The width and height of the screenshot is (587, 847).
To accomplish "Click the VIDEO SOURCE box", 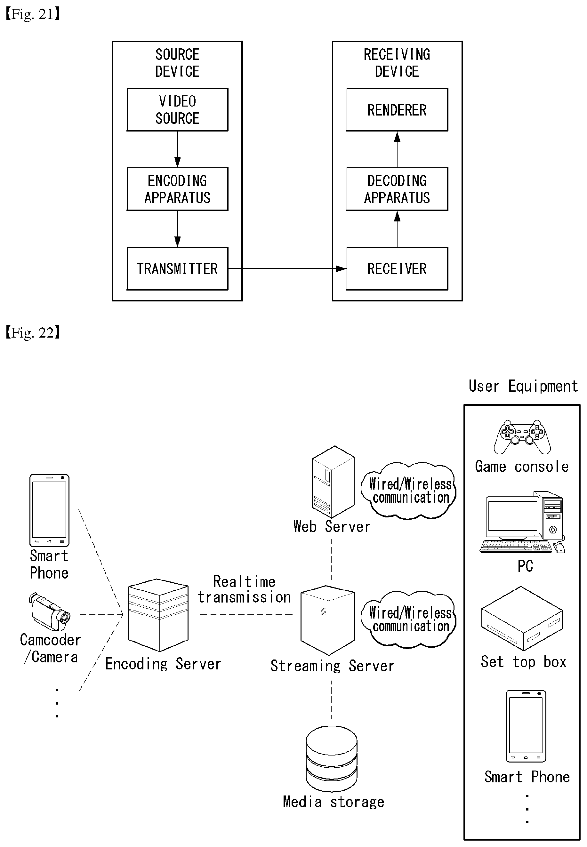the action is (x=177, y=109).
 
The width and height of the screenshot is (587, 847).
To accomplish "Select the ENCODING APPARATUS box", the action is (x=177, y=189).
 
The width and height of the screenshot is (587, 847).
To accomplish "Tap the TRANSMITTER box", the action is (x=177, y=268).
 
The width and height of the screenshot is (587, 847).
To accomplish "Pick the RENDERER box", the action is (x=397, y=109).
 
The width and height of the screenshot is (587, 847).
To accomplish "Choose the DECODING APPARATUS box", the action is (x=397, y=189).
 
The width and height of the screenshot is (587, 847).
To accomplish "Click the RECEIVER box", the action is (x=397, y=268).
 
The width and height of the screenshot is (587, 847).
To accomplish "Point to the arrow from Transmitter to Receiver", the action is (x=287, y=269).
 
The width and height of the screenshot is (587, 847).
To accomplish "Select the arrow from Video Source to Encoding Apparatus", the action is (x=177, y=149).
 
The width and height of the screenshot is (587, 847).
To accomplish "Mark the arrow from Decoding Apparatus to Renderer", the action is (x=397, y=149).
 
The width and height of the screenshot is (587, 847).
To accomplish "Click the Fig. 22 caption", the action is (x=32, y=333).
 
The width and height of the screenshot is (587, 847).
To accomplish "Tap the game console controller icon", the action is (x=522, y=437).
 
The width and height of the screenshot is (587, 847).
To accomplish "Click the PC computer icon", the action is (x=522, y=522).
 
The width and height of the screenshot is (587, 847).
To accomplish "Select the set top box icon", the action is (x=522, y=618).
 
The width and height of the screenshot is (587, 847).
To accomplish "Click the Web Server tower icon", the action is (x=333, y=482).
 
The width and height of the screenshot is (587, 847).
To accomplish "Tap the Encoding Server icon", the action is (x=158, y=615).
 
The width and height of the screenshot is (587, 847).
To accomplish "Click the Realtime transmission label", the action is (x=245, y=589).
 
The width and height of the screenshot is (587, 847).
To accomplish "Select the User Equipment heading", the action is (x=523, y=386).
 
